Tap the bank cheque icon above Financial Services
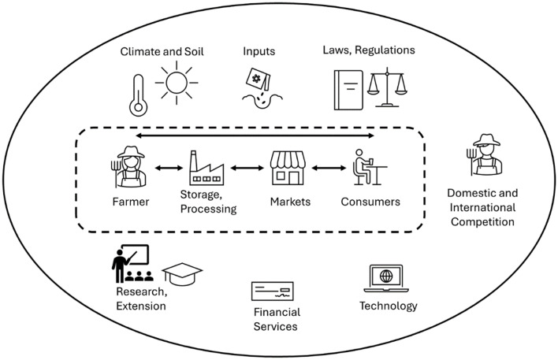pyautogui.click(x=273, y=291)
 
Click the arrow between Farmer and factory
pyautogui.click(x=166, y=168)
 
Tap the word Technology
pyautogui.click(x=388, y=306)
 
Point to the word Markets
pyautogui.click(x=289, y=202)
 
